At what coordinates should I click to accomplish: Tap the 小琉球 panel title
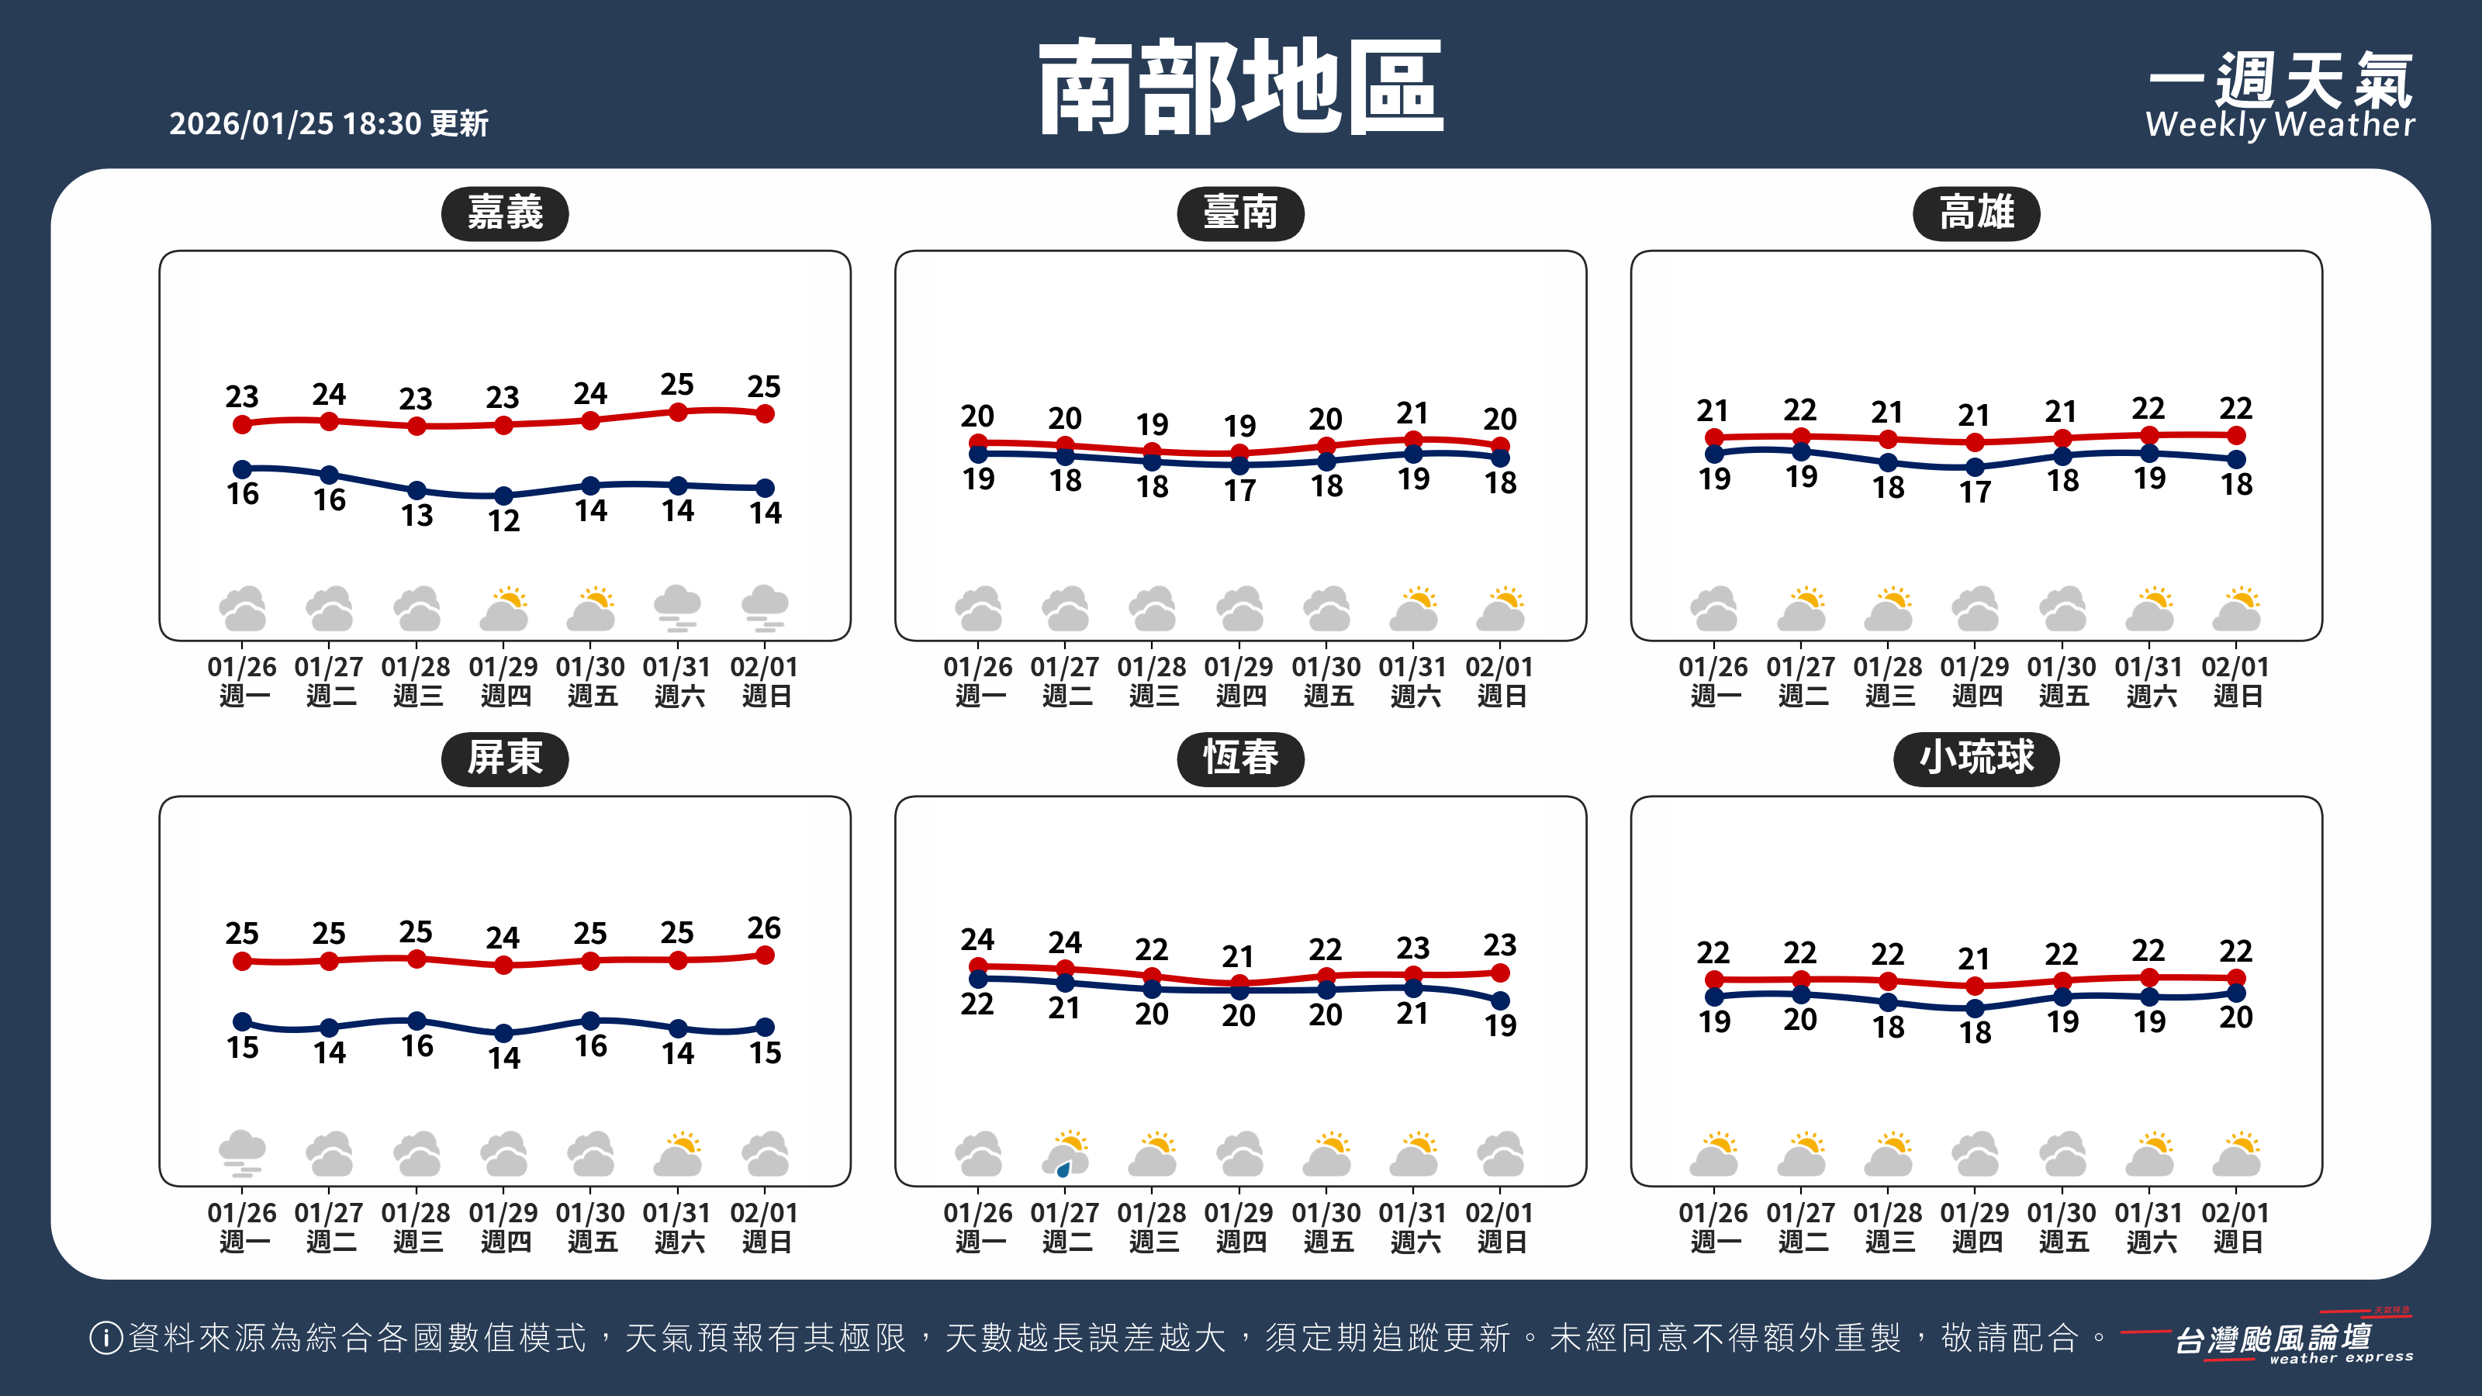click(x=1976, y=758)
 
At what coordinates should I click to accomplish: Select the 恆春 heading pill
click(x=1240, y=758)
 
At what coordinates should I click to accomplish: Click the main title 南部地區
click(x=1240, y=88)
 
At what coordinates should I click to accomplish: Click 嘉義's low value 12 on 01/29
click(x=503, y=521)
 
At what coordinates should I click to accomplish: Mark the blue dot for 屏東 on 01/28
click(x=417, y=1021)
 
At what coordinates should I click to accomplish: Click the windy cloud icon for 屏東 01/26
click(x=242, y=1154)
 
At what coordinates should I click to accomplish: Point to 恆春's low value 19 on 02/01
click(x=1500, y=1026)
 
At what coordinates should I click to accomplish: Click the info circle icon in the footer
click(x=105, y=1338)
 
